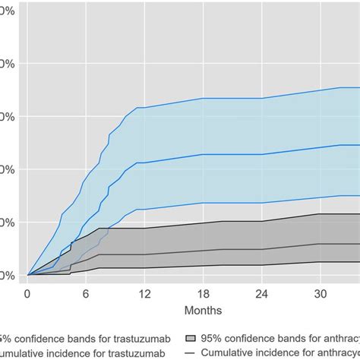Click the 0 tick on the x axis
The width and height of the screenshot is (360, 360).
(27, 293)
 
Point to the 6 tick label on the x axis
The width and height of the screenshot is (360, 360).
(86, 293)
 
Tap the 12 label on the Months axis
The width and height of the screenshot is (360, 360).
(144, 293)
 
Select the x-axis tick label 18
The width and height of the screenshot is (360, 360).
(203, 293)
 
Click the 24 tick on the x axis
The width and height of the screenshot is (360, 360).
(261, 293)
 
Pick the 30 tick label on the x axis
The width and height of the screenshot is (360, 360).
(320, 293)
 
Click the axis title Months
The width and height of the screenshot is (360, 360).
(203, 311)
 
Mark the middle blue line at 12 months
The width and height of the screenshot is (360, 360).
(144, 162)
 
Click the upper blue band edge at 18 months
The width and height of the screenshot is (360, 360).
(203, 98)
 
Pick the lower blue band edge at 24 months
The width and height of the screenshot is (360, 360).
(261, 203)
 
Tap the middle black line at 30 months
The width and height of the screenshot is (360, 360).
(320, 244)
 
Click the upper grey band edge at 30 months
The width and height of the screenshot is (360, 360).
(320, 214)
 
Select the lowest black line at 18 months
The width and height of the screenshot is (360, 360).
(203, 265)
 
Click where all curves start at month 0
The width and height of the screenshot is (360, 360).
(27, 275)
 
